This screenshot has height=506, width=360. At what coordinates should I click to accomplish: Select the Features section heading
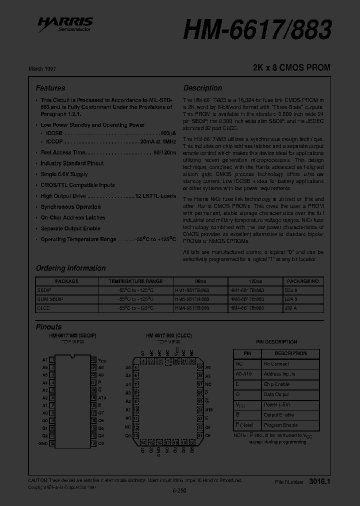pos(50,88)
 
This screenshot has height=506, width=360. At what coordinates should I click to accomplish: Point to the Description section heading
pos(202,88)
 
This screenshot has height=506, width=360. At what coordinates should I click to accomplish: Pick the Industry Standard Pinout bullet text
pos(72,163)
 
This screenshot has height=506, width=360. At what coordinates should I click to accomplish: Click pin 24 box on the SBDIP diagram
pos(93,359)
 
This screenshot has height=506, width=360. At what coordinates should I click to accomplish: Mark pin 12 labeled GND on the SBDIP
pos(52,443)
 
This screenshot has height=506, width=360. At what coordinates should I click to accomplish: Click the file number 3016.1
pos(320,481)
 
